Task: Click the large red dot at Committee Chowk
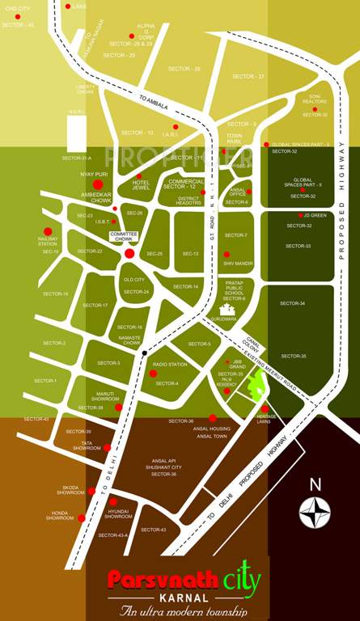coord(129,254)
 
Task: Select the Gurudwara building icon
coord(227,309)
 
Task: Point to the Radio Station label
coord(170,365)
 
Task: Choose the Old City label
coord(133,280)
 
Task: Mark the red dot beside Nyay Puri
coord(98,185)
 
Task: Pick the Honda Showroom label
coord(59,515)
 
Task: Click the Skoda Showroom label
coord(70,490)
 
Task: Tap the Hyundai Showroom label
coord(118,513)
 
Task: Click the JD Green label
coord(315,215)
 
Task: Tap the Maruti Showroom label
coord(105,396)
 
